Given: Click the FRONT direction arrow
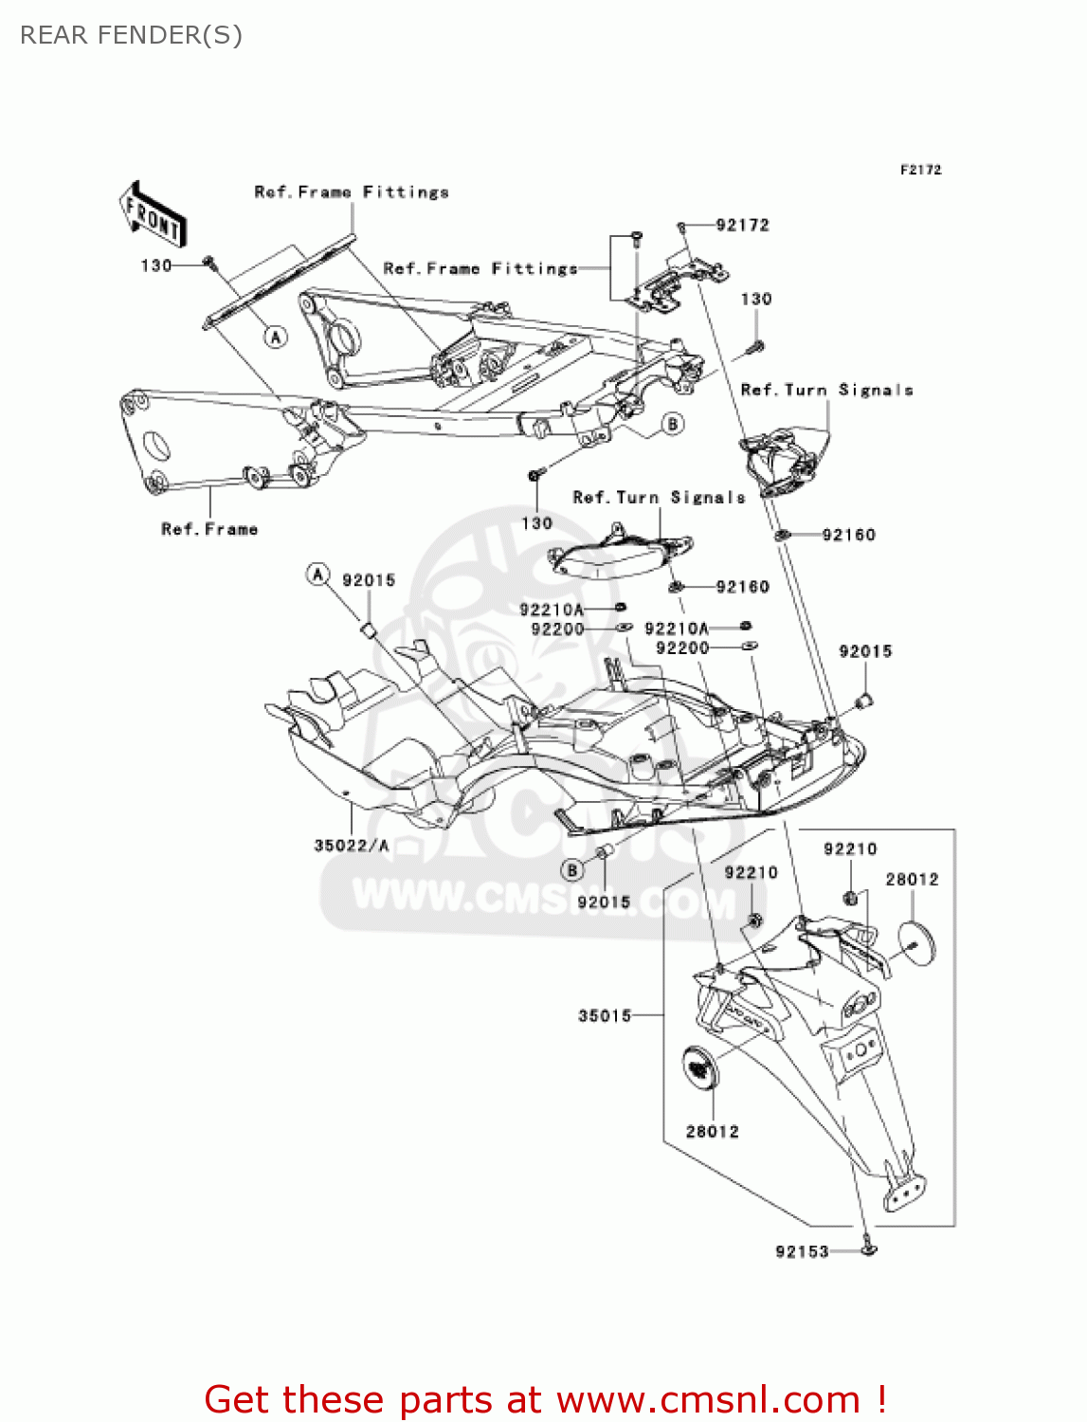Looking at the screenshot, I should [x=152, y=215].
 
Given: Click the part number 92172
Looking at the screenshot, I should [x=742, y=225].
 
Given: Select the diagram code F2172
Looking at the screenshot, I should [x=920, y=170].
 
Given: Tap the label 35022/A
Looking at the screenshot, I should [x=351, y=845].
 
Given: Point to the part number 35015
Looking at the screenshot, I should [x=605, y=1015].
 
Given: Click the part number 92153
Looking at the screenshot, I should [x=802, y=1251].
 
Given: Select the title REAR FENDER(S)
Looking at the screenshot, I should [x=131, y=35].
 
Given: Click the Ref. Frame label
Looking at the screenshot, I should [x=209, y=529].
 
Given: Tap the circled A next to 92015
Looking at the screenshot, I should [x=317, y=574].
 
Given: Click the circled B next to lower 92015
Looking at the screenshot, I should [x=571, y=869].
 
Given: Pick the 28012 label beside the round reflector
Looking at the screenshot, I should [x=912, y=879].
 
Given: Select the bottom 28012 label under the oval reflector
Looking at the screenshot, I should [x=712, y=1131].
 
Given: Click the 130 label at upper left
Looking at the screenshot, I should [x=156, y=265].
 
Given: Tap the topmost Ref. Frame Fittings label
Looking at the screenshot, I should [x=352, y=191].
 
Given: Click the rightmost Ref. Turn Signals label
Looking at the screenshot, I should [x=826, y=390].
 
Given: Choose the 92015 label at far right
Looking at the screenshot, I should [x=865, y=651].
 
